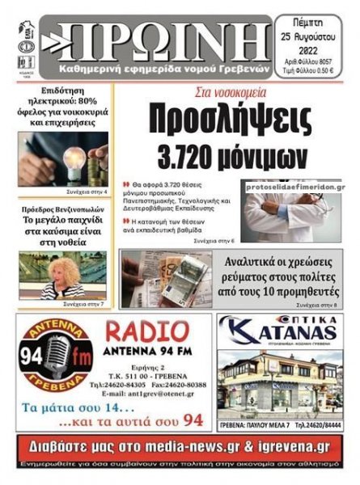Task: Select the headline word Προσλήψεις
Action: [230, 120]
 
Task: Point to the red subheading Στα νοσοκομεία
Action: [220, 93]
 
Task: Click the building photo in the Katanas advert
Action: [280, 380]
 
